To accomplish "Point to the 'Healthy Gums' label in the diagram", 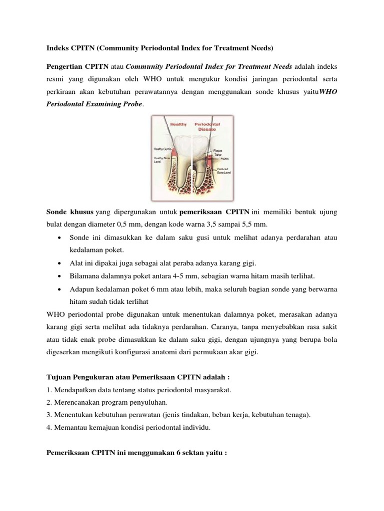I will (x=163, y=149).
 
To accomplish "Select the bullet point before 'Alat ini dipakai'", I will (x=60, y=263).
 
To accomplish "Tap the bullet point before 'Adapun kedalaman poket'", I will (x=60, y=289).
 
